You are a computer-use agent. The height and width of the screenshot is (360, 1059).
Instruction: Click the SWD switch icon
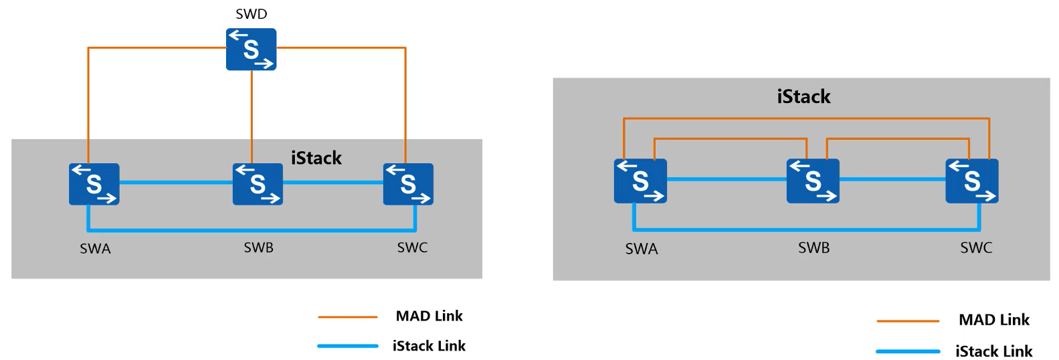click(x=251, y=50)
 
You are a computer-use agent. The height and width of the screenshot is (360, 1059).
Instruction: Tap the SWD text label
click(x=251, y=14)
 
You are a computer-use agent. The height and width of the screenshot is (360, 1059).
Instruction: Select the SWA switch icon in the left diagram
click(x=94, y=184)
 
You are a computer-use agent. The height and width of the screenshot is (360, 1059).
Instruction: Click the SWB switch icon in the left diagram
click(x=258, y=184)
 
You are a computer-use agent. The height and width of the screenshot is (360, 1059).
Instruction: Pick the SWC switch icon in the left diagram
click(x=408, y=184)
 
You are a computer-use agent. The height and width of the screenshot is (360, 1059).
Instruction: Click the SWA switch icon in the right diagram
click(x=640, y=181)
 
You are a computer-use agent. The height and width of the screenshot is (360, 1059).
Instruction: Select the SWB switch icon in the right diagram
click(x=813, y=181)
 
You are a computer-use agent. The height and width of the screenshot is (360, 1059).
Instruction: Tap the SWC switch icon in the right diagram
click(x=971, y=181)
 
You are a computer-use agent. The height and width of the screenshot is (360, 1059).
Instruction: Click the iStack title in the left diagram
click(x=316, y=158)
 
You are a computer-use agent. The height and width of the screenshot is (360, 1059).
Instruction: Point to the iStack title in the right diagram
click(x=803, y=97)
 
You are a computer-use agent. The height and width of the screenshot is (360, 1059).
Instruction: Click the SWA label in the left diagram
click(x=95, y=249)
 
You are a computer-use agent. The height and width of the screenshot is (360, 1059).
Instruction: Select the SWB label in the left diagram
click(x=258, y=248)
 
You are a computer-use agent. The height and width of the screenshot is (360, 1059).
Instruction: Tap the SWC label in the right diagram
click(x=976, y=248)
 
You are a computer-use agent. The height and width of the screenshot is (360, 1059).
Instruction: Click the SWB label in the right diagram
click(x=813, y=248)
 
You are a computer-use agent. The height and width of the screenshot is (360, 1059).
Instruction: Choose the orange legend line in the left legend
click(x=347, y=317)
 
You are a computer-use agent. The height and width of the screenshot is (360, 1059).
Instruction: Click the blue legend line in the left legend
click(x=347, y=346)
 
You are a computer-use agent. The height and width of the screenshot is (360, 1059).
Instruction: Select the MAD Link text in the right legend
click(x=993, y=320)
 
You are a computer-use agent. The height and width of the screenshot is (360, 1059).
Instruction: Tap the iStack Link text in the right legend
click(x=993, y=351)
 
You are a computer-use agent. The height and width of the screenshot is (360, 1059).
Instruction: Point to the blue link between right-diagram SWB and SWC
click(x=892, y=179)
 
